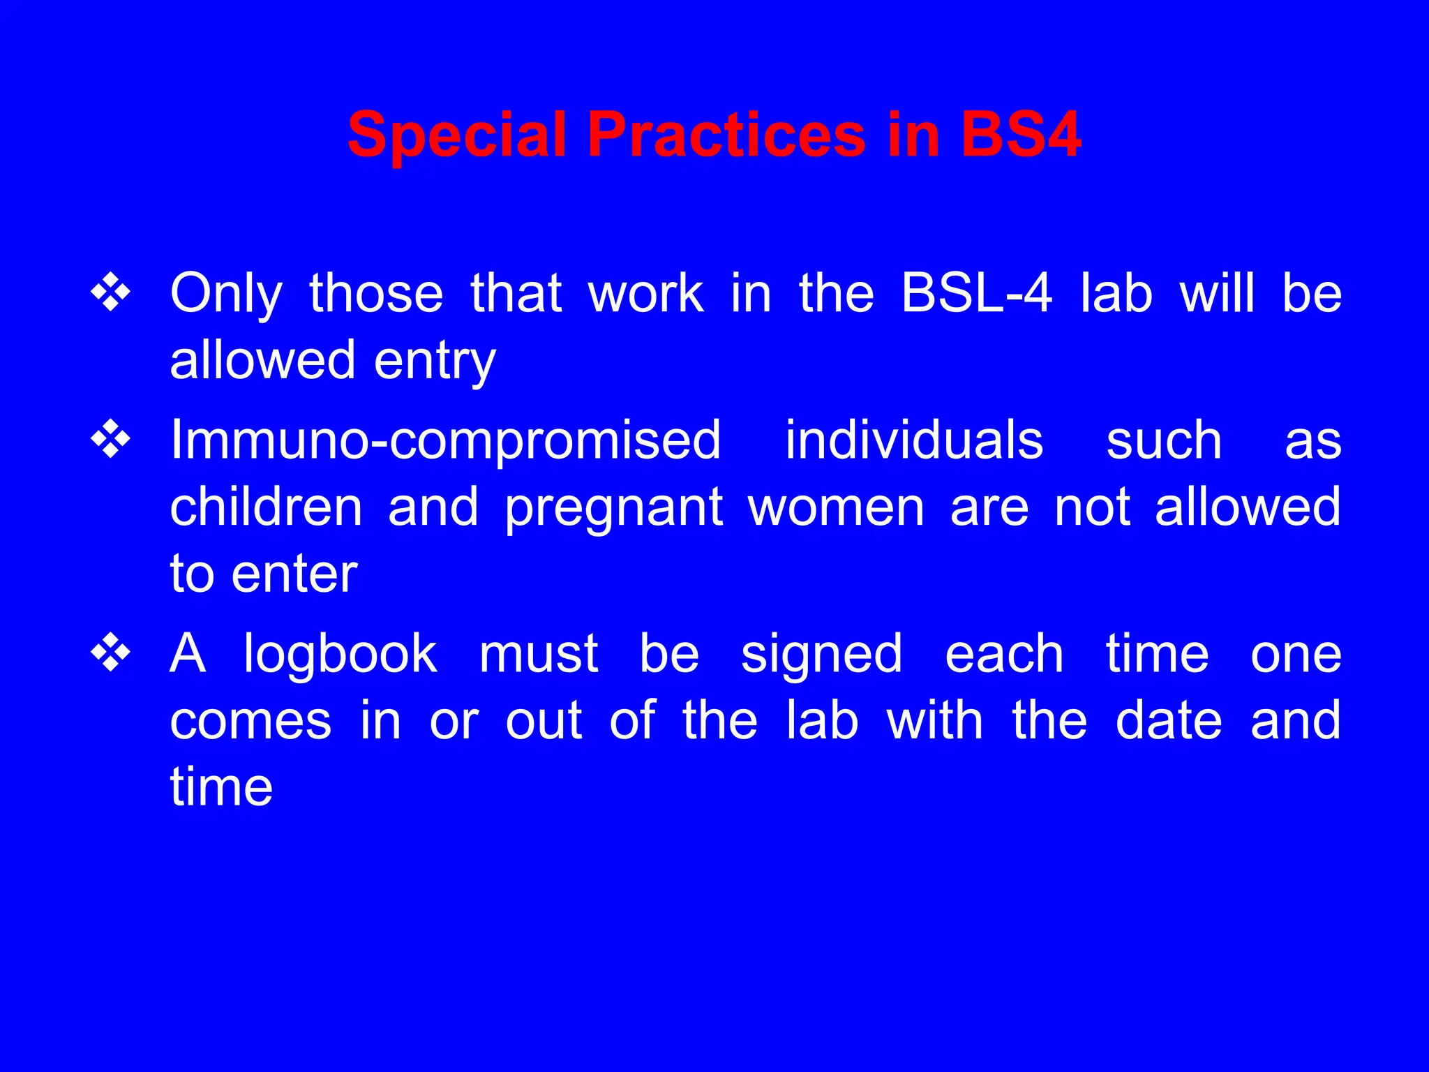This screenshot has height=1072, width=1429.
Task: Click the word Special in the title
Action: pyautogui.click(x=456, y=135)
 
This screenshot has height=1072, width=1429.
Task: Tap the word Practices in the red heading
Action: pyautogui.click(x=726, y=135)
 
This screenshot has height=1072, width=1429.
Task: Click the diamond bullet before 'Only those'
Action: pyautogui.click(x=111, y=293)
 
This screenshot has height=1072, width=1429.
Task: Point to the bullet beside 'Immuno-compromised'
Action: pyautogui.click(x=111, y=440)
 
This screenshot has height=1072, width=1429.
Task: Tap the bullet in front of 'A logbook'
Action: pyautogui.click(x=111, y=654)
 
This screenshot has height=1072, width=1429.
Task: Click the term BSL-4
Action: pyautogui.click(x=976, y=293)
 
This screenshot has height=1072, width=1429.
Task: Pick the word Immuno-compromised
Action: pyautogui.click(x=445, y=440)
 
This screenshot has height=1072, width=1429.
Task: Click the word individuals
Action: pyautogui.click(x=914, y=440)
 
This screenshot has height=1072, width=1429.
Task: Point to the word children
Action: pyautogui.click(x=266, y=507)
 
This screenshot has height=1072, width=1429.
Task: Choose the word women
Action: pyautogui.click(x=836, y=507)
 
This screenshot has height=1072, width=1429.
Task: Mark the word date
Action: pyautogui.click(x=1169, y=720)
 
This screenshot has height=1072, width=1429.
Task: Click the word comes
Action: pyautogui.click(x=250, y=722)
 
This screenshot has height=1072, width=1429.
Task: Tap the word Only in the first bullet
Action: pyautogui.click(x=226, y=295)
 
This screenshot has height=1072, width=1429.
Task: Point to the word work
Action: pyautogui.click(x=646, y=293)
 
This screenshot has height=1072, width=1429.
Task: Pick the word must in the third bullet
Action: pyautogui.click(x=539, y=654)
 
